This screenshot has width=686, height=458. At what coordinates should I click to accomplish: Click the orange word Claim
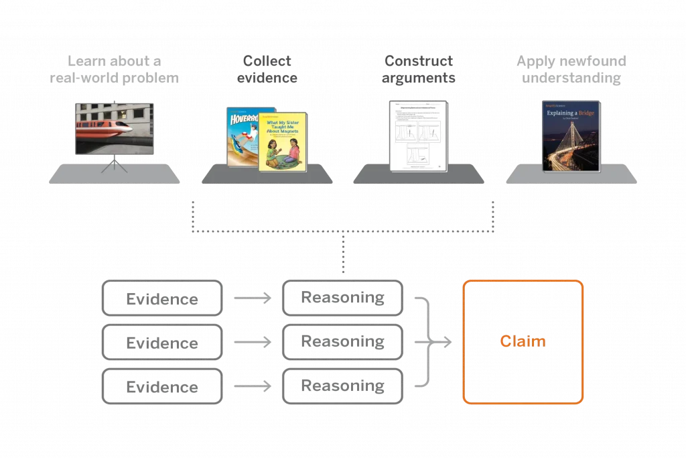pyautogui.click(x=523, y=342)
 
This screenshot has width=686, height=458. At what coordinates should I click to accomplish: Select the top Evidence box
pyautogui.click(x=161, y=298)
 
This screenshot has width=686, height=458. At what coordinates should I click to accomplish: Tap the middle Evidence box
pyautogui.click(x=161, y=343)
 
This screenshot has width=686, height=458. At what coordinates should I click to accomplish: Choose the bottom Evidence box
pyautogui.click(x=161, y=387)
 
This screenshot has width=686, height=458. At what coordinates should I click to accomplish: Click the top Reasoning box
pyautogui.click(x=342, y=298)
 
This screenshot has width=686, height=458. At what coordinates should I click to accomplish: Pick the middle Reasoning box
pyautogui.click(x=342, y=342)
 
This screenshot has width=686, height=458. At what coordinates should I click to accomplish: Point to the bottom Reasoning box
pyautogui.click(x=342, y=386)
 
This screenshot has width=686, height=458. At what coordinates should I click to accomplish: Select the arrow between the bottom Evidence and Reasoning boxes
pyautogui.click(x=253, y=386)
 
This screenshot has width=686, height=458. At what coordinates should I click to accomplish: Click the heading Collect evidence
pyautogui.click(x=267, y=70)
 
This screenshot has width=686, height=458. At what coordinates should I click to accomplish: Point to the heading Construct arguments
pyautogui.click(x=419, y=70)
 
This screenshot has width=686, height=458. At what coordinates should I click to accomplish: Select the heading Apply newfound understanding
pyautogui.click(x=571, y=70)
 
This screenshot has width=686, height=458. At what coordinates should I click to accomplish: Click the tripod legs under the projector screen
pyautogui.click(x=115, y=164)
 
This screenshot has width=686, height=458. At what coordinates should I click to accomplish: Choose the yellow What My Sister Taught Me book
pyautogui.click(x=283, y=141)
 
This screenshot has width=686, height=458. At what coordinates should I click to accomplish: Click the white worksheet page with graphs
pyautogui.click(x=419, y=135)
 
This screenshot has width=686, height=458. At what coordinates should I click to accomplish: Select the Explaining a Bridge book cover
pyautogui.click(x=571, y=136)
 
